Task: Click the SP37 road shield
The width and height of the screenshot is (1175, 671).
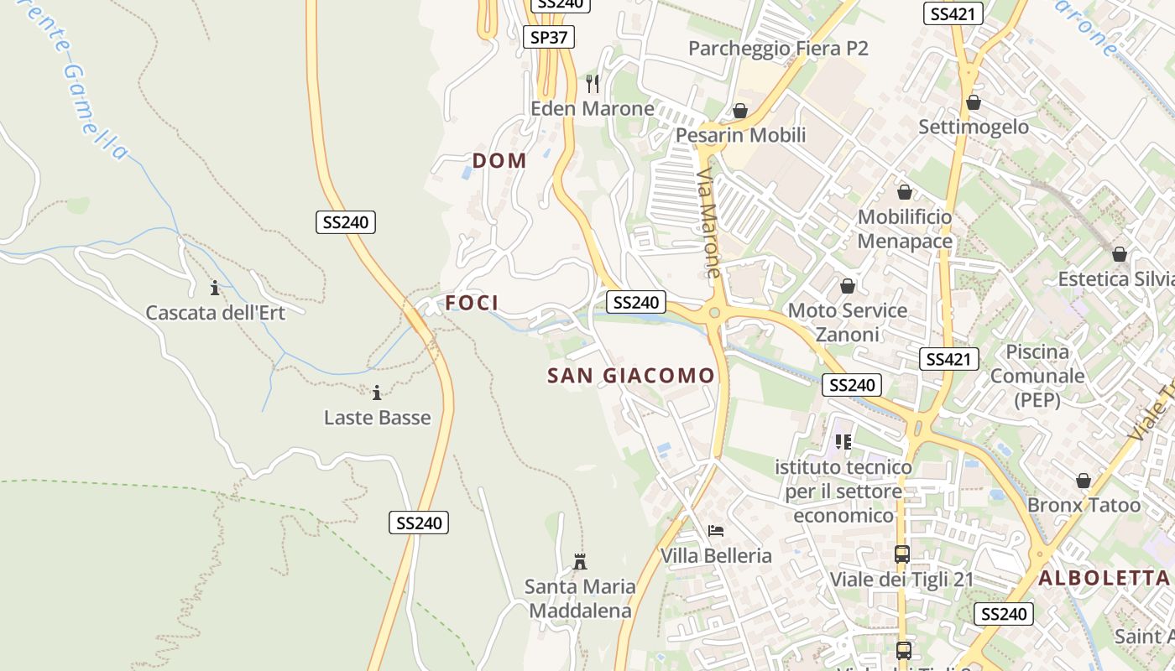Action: click(x=550, y=37)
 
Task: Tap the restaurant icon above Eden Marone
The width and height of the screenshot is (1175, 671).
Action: click(x=593, y=83)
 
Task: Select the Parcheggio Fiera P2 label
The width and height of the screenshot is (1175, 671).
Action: click(x=778, y=49)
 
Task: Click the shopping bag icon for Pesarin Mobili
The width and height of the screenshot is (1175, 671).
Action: click(x=740, y=111)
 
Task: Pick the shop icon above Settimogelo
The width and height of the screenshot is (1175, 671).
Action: click(x=974, y=102)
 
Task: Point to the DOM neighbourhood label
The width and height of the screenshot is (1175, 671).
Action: click(x=499, y=160)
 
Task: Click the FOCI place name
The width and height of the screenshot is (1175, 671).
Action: click(x=472, y=303)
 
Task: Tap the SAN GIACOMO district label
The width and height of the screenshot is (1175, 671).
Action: click(x=631, y=376)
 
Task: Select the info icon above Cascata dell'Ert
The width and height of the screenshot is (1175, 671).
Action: click(x=215, y=289)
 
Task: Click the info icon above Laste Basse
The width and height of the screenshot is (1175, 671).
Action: click(x=377, y=393)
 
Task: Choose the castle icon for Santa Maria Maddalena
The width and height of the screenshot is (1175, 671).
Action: click(x=579, y=561)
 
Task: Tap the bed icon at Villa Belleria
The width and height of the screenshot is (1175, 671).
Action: click(x=716, y=530)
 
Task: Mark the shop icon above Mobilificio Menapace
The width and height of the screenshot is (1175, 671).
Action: click(x=905, y=192)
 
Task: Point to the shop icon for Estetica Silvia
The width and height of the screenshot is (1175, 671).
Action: click(x=1120, y=254)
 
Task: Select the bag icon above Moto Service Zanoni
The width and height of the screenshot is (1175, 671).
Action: click(x=848, y=286)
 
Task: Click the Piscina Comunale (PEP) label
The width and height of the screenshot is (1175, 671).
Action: click(x=1037, y=376)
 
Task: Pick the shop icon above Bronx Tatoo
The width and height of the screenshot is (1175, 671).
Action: click(x=1084, y=481)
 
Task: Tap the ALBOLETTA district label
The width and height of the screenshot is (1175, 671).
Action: click(x=1104, y=578)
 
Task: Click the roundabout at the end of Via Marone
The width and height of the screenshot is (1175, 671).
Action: click(x=714, y=313)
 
